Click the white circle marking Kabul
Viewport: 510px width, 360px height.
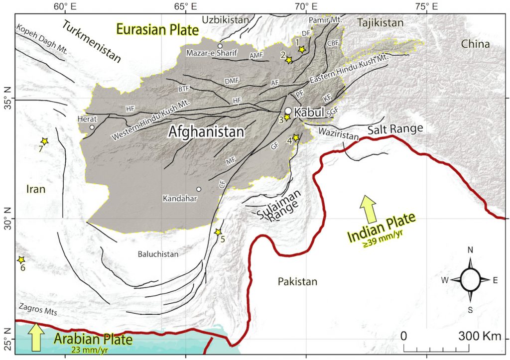coord(288,111)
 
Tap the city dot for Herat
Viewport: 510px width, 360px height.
coord(92,127)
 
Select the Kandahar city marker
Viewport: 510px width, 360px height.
coord(199,189)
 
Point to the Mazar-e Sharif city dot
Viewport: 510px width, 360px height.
coord(220,46)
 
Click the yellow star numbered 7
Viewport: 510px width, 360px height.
coord(45,141)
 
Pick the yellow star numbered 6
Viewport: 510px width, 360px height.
coord(21,260)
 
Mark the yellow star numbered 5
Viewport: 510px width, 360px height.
coord(218,232)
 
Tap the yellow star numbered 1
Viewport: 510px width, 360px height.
coord(301,49)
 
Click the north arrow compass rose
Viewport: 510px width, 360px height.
coord(470,280)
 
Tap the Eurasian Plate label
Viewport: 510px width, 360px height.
coord(154,29)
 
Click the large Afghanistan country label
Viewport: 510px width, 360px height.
coord(206,132)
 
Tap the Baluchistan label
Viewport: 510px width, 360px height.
coord(158,254)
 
